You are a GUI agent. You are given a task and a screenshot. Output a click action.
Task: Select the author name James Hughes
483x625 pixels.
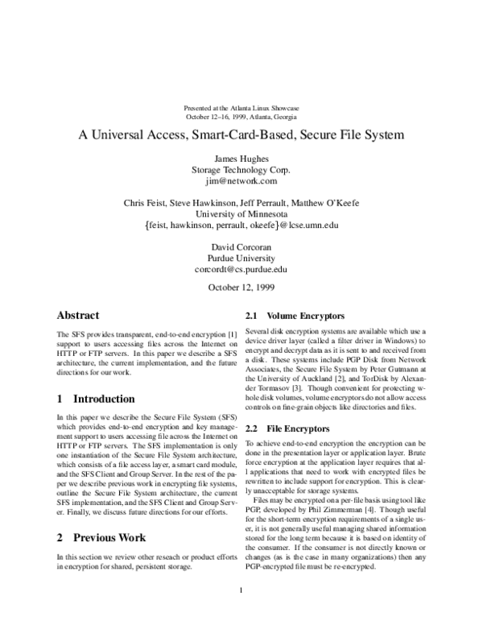tap(241, 159)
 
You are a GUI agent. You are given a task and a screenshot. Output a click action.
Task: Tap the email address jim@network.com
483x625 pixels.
tap(241, 181)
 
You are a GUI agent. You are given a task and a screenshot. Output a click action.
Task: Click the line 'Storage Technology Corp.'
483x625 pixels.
tap(241, 170)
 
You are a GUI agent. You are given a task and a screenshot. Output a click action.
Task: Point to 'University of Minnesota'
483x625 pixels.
tap(241, 214)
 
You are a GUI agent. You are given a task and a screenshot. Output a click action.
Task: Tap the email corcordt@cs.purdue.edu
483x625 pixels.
tap(241, 271)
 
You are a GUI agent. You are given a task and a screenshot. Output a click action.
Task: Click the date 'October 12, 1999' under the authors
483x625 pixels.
tap(241, 288)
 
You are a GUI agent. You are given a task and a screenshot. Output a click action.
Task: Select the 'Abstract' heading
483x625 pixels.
tap(79, 316)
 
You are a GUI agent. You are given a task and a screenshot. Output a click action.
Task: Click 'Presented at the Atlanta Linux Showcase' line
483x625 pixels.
tap(241, 108)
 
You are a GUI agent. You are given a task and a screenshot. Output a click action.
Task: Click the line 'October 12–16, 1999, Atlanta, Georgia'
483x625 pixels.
tap(241, 117)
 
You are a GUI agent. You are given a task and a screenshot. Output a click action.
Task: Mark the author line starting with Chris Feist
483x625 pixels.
tap(241, 203)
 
